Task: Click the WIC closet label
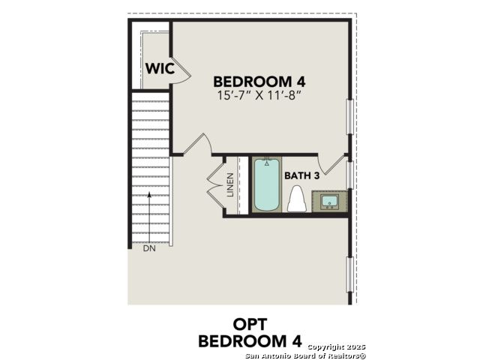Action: tap(160, 68)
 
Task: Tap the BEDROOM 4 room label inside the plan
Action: tap(259, 82)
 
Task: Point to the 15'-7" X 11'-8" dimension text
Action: tap(258, 95)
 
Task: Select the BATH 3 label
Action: tap(301, 175)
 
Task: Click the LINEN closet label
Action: tap(230, 185)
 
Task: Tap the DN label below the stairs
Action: tap(149, 248)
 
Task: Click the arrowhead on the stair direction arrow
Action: tap(149, 194)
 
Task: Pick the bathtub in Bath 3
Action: tap(267, 184)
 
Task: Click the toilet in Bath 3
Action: tap(297, 199)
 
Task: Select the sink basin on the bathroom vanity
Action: tap(329, 202)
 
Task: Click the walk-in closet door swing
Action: tap(181, 70)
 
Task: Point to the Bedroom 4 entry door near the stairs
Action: tap(197, 145)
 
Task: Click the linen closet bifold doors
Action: tap(215, 185)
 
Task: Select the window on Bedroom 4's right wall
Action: tap(350, 117)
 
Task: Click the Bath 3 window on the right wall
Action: tap(350, 175)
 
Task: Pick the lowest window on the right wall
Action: tap(350, 274)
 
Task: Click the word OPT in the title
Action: tap(250, 325)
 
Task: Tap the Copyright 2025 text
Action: tap(337, 346)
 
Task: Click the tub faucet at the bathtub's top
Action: tap(267, 161)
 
